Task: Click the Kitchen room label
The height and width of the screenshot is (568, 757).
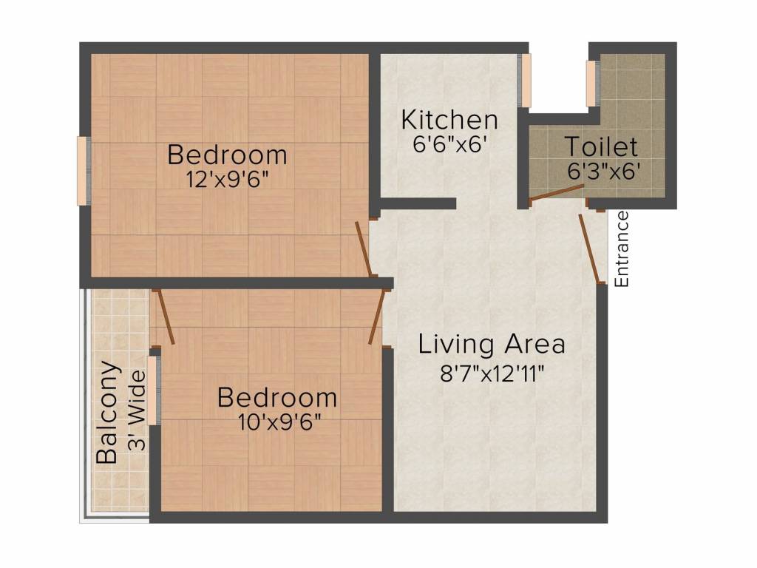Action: pos(449,119)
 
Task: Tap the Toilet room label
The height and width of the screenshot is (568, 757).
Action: pos(601,146)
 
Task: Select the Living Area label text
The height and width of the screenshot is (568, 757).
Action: pos(492,344)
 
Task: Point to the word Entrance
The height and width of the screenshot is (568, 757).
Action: pos(622,249)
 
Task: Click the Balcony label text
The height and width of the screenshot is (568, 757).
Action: pos(107,412)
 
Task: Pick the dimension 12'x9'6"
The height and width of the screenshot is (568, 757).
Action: pos(227,179)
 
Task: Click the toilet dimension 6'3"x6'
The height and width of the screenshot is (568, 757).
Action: pos(603,171)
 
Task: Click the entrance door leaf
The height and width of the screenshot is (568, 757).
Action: pos(590,248)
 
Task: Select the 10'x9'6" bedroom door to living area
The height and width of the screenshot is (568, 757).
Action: pos(377,317)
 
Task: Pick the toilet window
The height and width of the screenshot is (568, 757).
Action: pos(591,83)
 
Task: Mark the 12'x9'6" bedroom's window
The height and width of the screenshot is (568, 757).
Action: pos(84,170)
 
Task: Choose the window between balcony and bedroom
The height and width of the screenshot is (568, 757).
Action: pos(152,390)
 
